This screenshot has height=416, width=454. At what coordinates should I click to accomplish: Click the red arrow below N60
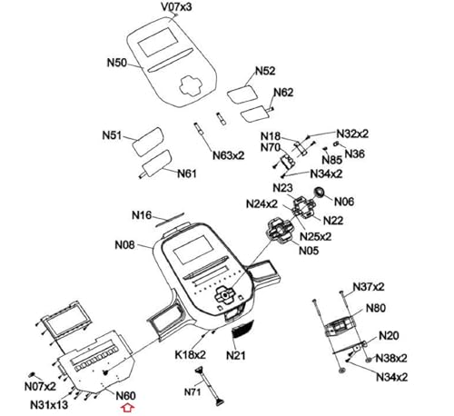[x=127, y=408]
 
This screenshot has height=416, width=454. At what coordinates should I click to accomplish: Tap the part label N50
[x=117, y=63]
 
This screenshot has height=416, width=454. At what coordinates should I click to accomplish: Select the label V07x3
[x=176, y=6]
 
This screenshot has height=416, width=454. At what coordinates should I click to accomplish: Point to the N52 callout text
[x=265, y=71]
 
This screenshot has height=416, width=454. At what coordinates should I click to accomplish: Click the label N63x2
[x=228, y=155]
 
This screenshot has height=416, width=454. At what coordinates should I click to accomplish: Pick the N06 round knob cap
[x=319, y=192]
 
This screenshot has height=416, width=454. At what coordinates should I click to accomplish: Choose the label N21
[x=236, y=355]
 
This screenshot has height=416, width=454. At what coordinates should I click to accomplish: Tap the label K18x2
[x=190, y=354]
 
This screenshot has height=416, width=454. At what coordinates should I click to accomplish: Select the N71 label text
[x=192, y=392]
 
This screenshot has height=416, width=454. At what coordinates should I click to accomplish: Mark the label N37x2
[x=369, y=287]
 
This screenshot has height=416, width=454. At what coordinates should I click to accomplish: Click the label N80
[x=376, y=308]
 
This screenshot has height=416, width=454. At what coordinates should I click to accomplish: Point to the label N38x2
[x=391, y=358]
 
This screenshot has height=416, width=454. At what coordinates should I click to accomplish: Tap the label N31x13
[x=49, y=405]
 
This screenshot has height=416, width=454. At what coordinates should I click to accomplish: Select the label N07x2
[x=40, y=386]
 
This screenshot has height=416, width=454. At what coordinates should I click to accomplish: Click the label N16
[x=142, y=215]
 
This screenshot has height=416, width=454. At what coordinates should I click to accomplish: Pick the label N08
[x=124, y=244]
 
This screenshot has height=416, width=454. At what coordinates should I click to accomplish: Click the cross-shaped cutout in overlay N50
[x=191, y=85]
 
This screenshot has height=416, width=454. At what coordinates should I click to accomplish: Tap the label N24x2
[x=262, y=204]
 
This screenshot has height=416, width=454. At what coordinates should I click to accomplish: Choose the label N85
[x=332, y=160]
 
